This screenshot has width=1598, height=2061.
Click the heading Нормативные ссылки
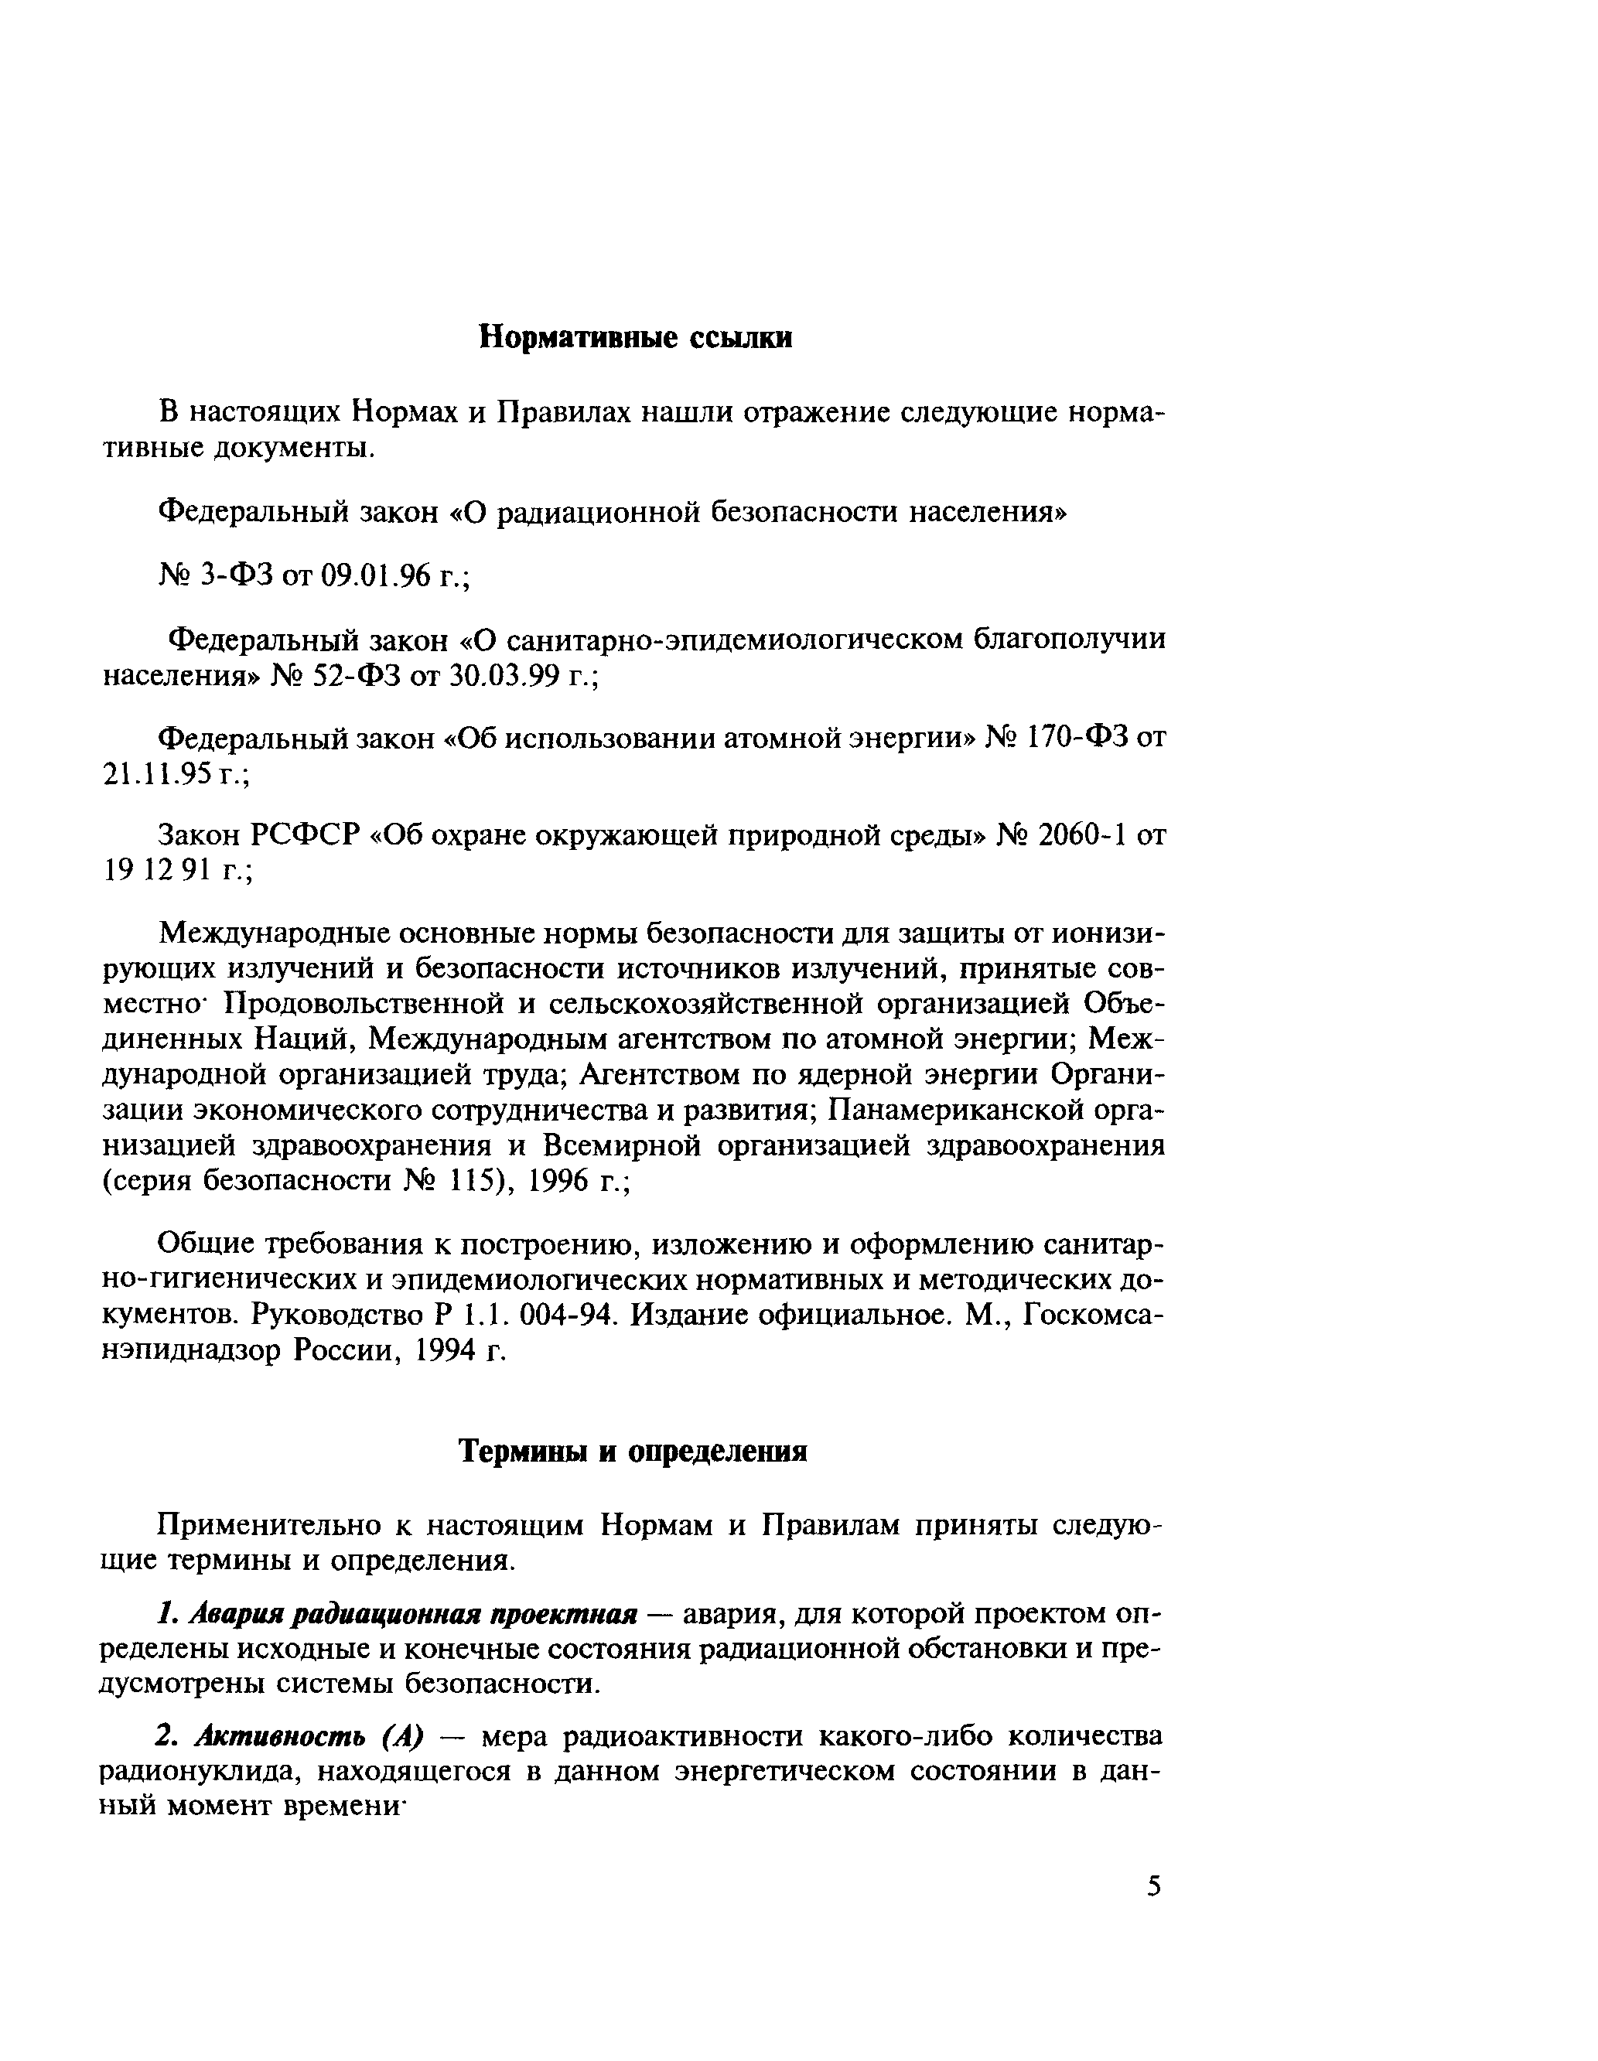point(635,337)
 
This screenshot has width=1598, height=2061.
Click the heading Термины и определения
point(633,1451)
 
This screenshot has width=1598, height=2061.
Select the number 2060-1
point(1081,834)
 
